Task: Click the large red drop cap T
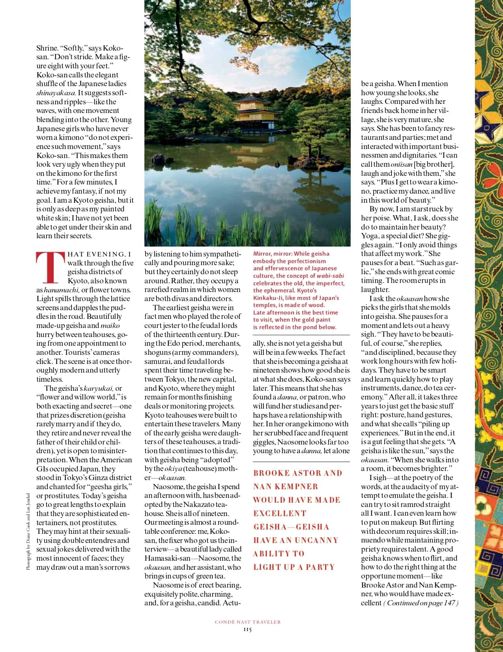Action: [50, 268]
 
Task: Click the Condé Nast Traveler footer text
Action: [248, 622]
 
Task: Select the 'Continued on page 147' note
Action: [421, 603]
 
